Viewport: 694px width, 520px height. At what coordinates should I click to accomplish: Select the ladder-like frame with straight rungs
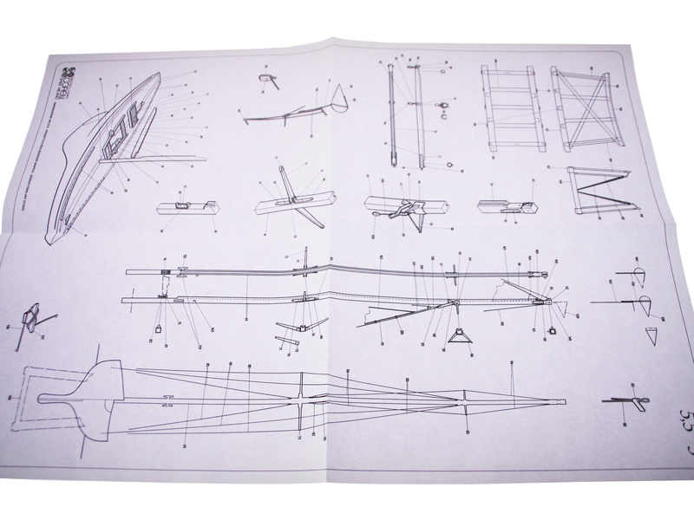point(509,107)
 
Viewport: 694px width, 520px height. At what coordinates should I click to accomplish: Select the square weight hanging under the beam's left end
point(160,327)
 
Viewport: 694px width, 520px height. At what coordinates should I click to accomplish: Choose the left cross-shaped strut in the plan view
point(299,401)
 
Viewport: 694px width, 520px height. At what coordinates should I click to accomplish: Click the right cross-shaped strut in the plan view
point(468,401)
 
